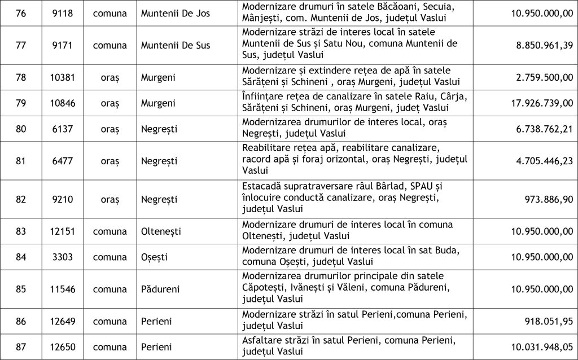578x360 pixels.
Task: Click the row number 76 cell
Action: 21,11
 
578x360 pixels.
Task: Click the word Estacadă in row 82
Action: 262,186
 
